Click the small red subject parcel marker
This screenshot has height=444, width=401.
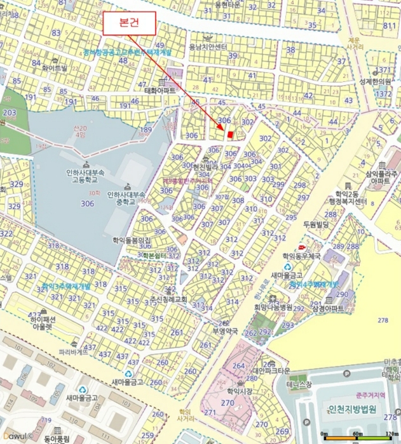coord(230,134)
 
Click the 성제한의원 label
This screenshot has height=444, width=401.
coord(374,81)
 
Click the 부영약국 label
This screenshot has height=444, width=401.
coord(224,330)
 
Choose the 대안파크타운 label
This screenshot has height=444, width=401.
coord(271,371)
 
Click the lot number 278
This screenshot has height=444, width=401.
coord(383,320)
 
